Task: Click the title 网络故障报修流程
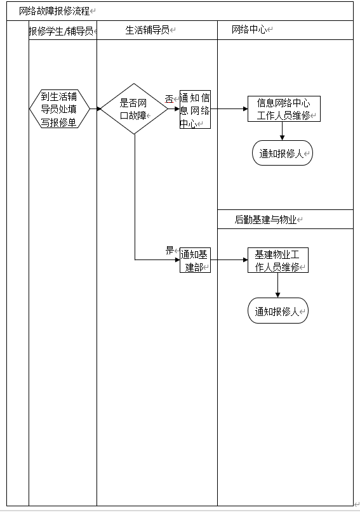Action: [54, 11]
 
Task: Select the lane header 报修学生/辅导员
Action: [61, 31]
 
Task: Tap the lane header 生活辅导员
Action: [147, 30]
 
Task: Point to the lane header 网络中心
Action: [250, 30]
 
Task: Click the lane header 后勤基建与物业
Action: [265, 220]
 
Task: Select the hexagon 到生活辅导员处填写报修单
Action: [60, 109]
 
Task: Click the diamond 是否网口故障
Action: [134, 108]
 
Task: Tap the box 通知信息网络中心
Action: [195, 109]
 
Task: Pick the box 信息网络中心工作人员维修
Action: [284, 108]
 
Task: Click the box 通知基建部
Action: [195, 260]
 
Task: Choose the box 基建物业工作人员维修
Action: [277, 260]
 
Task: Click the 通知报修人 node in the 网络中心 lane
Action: [283, 153]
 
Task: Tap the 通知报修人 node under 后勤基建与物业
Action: [277, 310]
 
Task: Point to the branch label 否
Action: [170, 98]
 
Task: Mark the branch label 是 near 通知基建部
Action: [170, 251]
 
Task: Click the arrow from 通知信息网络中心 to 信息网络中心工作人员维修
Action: [229, 108]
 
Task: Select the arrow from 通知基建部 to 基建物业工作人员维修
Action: [229, 260]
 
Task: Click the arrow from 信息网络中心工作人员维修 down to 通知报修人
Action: [283, 131]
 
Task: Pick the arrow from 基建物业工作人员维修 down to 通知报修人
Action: [277, 285]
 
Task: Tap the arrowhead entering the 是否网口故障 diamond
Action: [98, 108]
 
